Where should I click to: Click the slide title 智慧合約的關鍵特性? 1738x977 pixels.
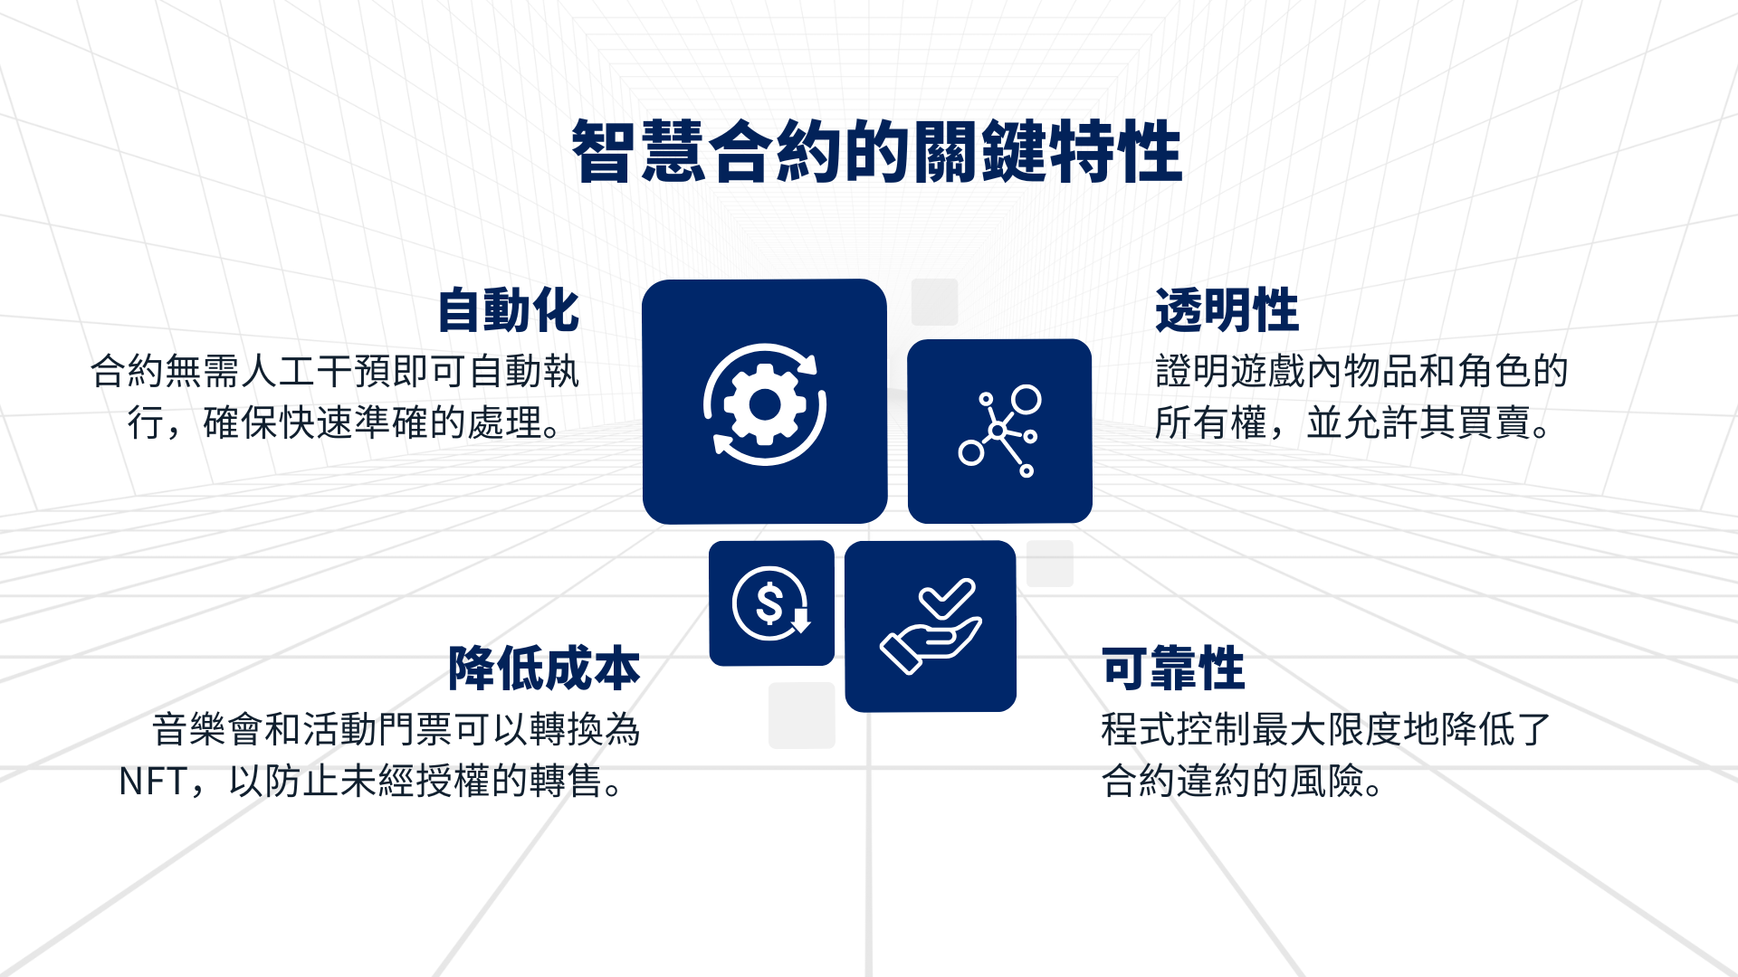pos(876,152)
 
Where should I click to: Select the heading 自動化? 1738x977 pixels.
pos(508,310)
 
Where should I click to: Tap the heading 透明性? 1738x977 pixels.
pos(1227,310)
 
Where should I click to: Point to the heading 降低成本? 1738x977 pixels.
pos(544,669)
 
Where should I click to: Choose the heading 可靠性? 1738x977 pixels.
pos(1173,669)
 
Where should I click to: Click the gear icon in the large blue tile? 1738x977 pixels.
pos(765,404)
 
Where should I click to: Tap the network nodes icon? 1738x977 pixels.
pos(999,431)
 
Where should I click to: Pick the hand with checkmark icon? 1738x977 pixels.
pos(931,626)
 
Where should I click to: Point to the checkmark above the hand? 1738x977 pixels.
pos(947,598)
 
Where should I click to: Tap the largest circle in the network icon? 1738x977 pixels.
pos(1027,399)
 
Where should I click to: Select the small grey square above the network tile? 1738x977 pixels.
pos(934,302)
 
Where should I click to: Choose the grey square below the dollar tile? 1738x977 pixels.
pos(802,716)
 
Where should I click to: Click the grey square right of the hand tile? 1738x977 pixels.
pos(1050,564)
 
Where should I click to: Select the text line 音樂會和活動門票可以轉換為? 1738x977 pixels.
pos(396,730)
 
